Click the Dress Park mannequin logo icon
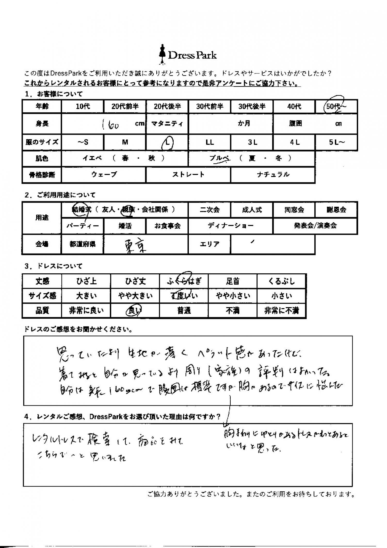pos(162,55)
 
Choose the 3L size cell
pos(252,142)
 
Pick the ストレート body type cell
pos(188,175)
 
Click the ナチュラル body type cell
pos(273,175)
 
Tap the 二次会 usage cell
pos(209,210)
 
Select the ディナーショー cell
pos(230,226)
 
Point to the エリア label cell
pos(209,244)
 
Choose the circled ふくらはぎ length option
pos(184,281)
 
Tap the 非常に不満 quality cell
pos(281,311)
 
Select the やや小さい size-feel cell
pos(232,296)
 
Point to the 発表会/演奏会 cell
pos(315,226)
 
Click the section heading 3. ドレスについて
pos(53,266)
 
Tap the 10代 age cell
pos(83,106)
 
